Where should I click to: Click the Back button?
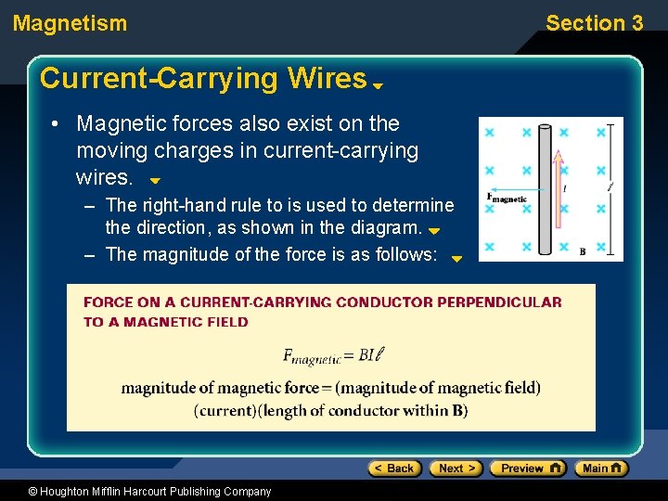click(394, 469)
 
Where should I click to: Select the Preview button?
click(527, 469)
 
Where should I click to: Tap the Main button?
click(600, 469)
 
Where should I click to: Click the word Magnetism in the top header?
click(71, 23)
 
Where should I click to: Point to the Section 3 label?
click(594, 23)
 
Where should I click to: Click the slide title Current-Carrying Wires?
click(203, 79)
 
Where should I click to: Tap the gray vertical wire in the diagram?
click(546, 223)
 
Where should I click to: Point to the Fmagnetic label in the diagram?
click(507, 198)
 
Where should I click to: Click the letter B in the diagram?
click(582, 250)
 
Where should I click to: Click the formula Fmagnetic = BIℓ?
click(331, 354)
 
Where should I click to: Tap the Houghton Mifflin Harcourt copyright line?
click(136, 492)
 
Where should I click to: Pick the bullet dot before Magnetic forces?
click(58, 124)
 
